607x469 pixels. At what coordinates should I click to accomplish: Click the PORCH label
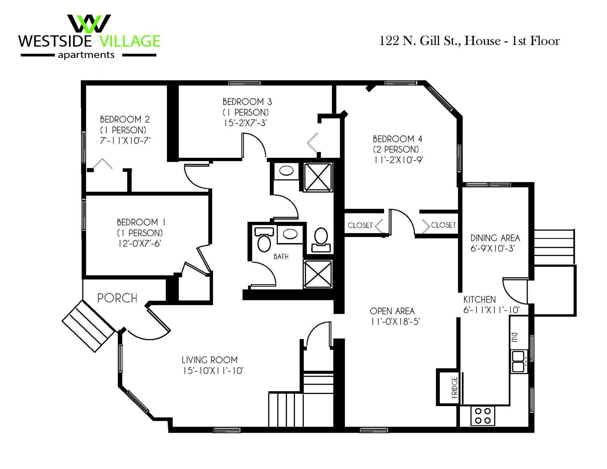coord(117,298)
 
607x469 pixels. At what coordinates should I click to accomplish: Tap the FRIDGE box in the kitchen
coord(449,387)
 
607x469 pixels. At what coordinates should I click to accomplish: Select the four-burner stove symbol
coord(483,416)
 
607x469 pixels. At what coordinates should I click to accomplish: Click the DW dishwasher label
coord(514,337)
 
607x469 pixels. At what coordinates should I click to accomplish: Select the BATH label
coord(281,256)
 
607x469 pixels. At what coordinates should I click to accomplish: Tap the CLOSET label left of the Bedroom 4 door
coord(360,225)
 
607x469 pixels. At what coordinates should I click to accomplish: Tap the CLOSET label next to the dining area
coord(443,225)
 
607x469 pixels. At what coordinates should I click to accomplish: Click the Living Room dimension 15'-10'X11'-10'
coord(212,371)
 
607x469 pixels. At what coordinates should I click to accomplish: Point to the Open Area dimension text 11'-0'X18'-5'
coord(395,322)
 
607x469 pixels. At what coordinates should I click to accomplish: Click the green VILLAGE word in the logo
coord(130,41)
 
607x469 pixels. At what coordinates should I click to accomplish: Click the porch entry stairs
coord(88,326)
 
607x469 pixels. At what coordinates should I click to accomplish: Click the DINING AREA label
coord(495,238)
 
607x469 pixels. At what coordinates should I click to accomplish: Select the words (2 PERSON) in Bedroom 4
coord(396,149)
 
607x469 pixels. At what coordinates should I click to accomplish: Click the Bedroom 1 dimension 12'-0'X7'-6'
coord(140,244)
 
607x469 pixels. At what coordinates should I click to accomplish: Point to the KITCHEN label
coord(479,299)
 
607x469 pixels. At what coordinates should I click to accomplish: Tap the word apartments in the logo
coord(86,55)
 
